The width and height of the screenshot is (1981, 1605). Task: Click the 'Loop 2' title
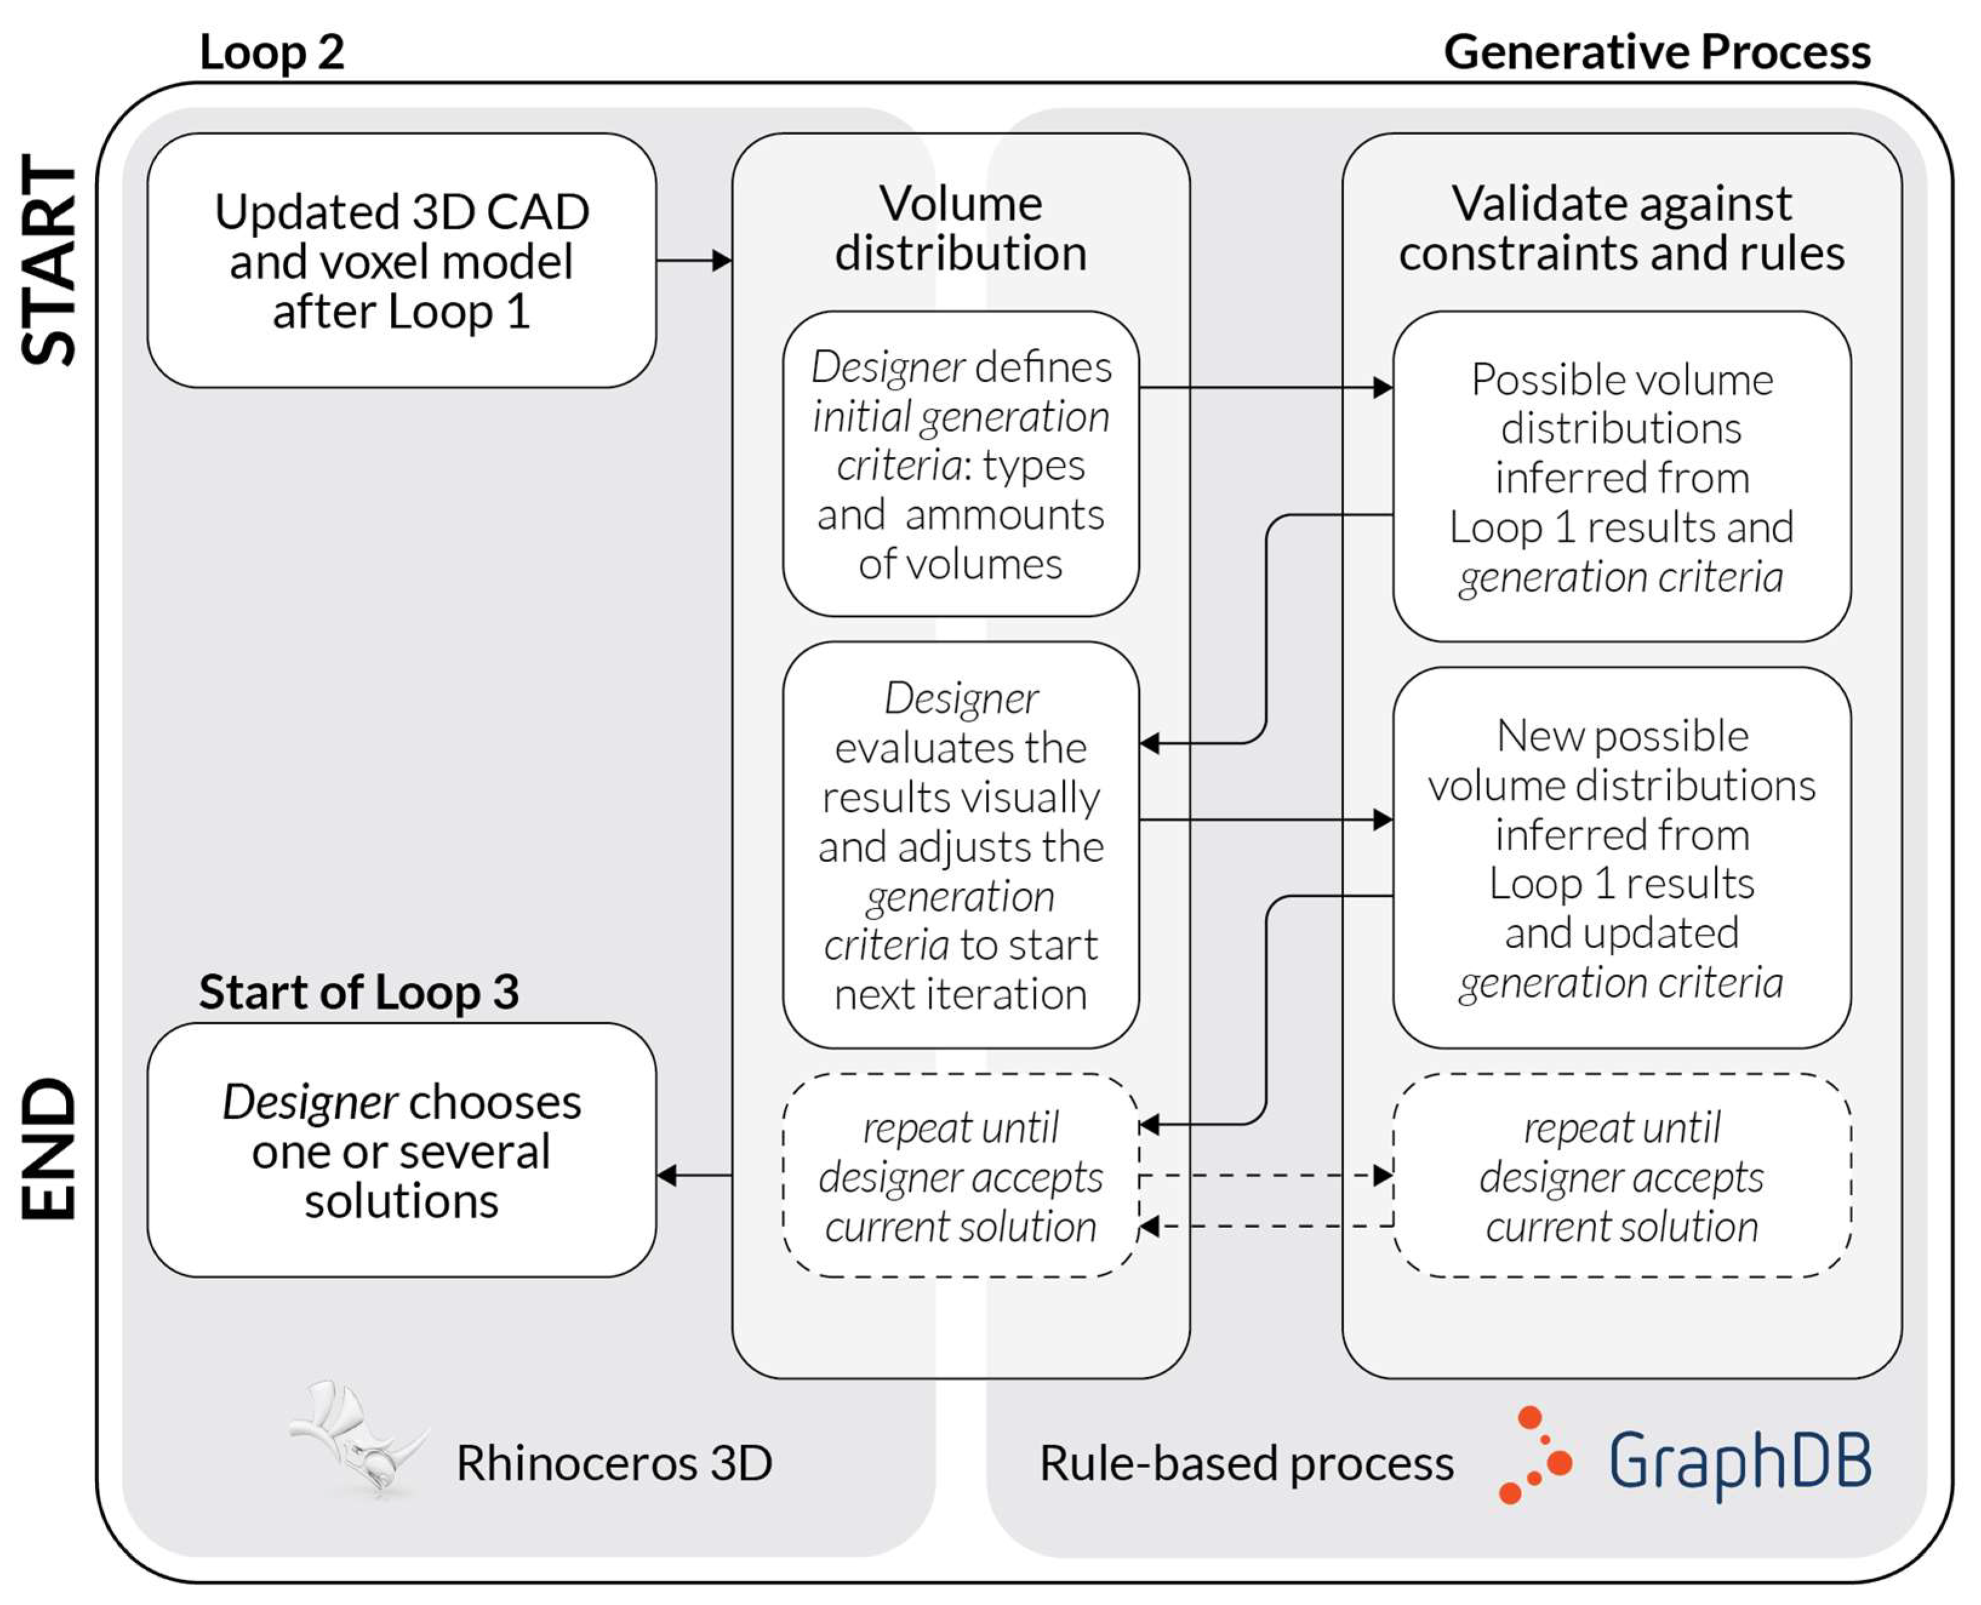271,52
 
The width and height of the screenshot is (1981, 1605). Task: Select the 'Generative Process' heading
1656,52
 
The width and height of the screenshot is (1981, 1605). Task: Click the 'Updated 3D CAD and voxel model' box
401,261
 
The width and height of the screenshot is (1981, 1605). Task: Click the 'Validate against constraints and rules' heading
1620,228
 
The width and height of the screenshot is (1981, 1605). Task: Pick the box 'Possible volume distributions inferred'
1620,477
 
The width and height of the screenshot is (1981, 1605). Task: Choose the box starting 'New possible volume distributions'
1620,858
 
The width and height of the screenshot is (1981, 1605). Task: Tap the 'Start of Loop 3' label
359,992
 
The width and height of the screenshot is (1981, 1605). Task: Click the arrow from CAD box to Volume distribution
694,261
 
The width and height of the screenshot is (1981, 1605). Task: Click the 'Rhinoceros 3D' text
613,1464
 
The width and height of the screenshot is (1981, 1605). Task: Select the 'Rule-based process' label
1246,1464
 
